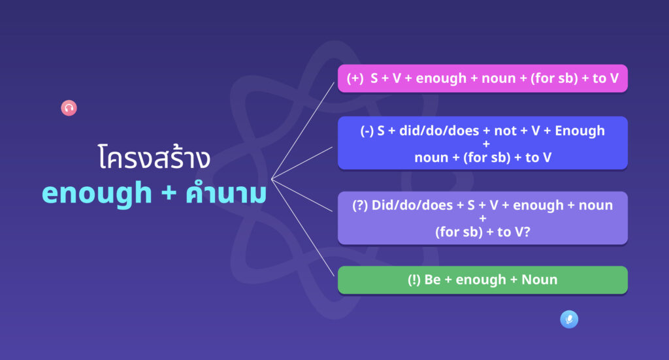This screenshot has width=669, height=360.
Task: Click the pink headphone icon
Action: (69, 108)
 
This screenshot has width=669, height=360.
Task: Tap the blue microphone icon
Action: (569, 319)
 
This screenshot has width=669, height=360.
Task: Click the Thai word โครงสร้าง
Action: (154, 157)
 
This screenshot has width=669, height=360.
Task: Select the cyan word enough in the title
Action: (97, 193)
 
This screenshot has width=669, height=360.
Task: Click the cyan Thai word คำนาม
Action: (226, 192)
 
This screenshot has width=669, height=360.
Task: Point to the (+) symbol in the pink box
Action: (355, 78)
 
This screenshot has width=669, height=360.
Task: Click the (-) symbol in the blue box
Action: (367, 131)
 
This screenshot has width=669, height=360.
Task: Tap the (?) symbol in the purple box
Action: (360, 206)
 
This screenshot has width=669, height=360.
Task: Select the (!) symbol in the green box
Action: (414, 280)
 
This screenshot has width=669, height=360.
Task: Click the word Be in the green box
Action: (432, 280)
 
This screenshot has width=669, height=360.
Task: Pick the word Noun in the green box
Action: (539, 280)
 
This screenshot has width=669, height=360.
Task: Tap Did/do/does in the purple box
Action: (412, 205)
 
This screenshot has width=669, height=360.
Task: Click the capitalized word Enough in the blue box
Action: (580, 131)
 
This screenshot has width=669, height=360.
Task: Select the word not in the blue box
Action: (506, 131)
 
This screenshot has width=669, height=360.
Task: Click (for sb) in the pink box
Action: (554, 78)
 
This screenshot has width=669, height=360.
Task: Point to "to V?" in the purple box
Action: (514, 232)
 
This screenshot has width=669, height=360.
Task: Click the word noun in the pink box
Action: (498, 79)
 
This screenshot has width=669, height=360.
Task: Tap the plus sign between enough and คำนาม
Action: (169, 193)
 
